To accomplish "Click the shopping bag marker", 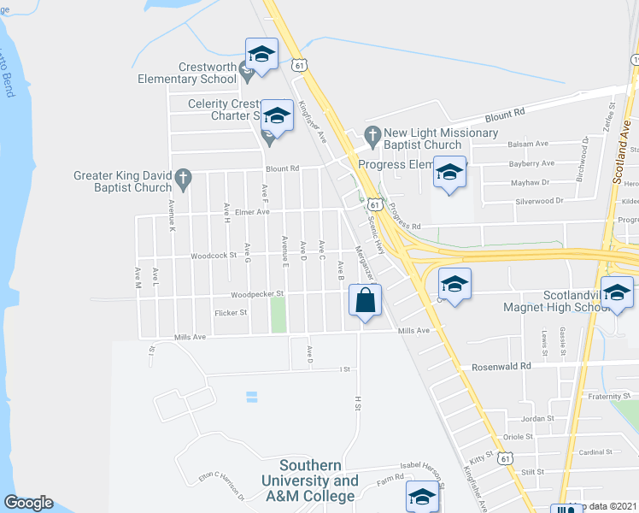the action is [x=365, y=302].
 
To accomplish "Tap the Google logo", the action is [x=28, y=503].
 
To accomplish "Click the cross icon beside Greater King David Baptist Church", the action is [x=182, y=177].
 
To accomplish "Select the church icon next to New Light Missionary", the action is [x=372, y=133].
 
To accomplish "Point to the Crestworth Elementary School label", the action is [x=187, y=73].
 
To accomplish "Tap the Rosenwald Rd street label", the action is [x=501, y=366].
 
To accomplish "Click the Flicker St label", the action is [x=231, y=312].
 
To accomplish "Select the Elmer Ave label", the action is [x=252, y=211].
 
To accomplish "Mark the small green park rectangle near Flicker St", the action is [x=278, y=315].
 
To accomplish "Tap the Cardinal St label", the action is [x=596, y=452].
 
